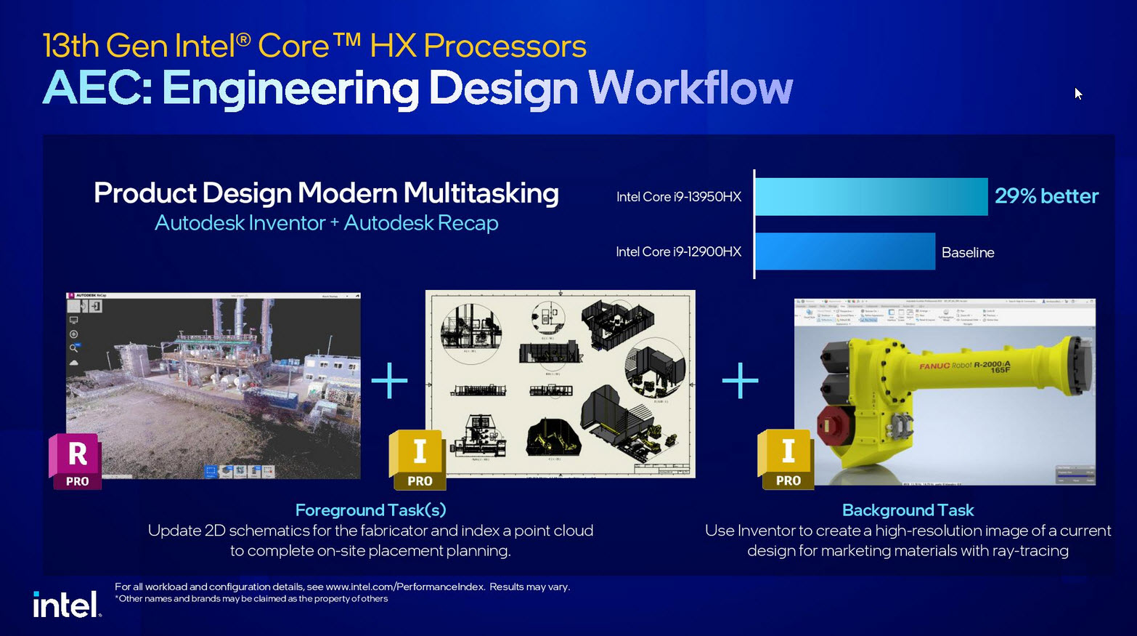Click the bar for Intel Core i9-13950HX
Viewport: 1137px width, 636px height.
click(x=871, y=196)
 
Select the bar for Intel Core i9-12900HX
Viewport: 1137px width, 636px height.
click(x=845, y=251)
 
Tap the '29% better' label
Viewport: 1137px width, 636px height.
click(x=1046, y=196)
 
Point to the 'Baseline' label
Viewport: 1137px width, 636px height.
click(x=968, y=252)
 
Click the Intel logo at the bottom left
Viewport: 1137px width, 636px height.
click(x=66, y=604)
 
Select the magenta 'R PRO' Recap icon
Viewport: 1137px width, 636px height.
click(x=76, y=461)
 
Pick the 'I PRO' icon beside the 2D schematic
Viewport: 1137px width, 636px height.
click(x=417, y=459)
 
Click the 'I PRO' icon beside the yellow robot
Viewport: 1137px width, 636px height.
click(x=786, y=459)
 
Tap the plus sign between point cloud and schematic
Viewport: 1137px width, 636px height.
click(x=390, y=380)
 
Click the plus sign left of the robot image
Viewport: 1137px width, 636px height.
click(x=740, y=380)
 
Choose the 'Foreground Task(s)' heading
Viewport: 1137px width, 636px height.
click(x=370, y=510)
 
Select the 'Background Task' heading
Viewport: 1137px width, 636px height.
click(x=908, y=510)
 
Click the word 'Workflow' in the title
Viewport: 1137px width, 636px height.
click(x=690, y=88)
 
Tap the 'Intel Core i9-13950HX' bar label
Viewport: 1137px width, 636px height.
click(x=679, y=197)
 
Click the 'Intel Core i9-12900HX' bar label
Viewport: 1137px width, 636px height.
click(x=679, y=252)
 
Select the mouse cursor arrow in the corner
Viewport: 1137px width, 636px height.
click(x=1078, y=93)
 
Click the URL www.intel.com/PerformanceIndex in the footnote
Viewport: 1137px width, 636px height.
click(x=405, y=587)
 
